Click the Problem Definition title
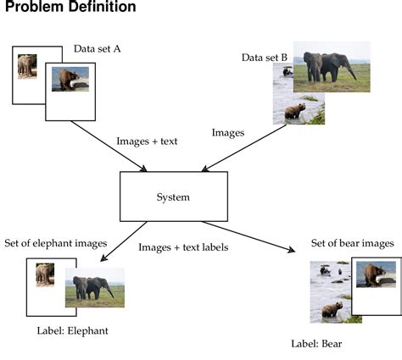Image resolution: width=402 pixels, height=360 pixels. [x=71, y=8]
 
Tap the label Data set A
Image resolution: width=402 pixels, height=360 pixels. [x=98, y=49]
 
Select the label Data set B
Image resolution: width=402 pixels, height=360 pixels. [x=264, y=58]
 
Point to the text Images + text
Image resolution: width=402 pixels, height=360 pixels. [x=146, y=141]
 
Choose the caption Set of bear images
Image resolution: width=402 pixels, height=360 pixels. [x=352, y=244]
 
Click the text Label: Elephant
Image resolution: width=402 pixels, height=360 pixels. [x=73, y=330]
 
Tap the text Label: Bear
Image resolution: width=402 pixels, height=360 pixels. [x=316, y=344]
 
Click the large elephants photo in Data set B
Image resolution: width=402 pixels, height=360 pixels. [x=331, y=66]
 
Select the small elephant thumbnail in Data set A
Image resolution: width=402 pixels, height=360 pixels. [x=26, y=66]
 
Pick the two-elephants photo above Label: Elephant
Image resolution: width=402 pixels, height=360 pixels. [x=94, y=288]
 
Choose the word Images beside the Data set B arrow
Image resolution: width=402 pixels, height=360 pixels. [x=228, y=133]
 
